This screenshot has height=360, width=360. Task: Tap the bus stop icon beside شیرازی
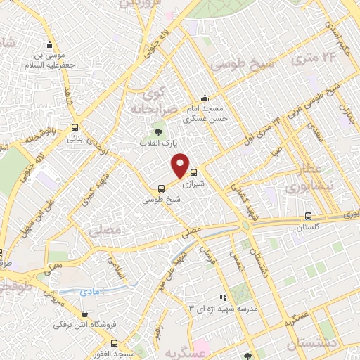[x=193, y=171]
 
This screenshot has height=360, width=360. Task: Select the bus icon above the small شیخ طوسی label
[x=162, y=188]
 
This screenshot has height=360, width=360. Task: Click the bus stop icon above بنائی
[x=75, y=128]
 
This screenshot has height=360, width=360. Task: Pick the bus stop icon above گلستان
[x=309, y=216]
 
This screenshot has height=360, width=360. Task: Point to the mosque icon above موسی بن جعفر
[x=49, y=44]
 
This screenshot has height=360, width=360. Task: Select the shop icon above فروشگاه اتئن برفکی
[x=85, y=314]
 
